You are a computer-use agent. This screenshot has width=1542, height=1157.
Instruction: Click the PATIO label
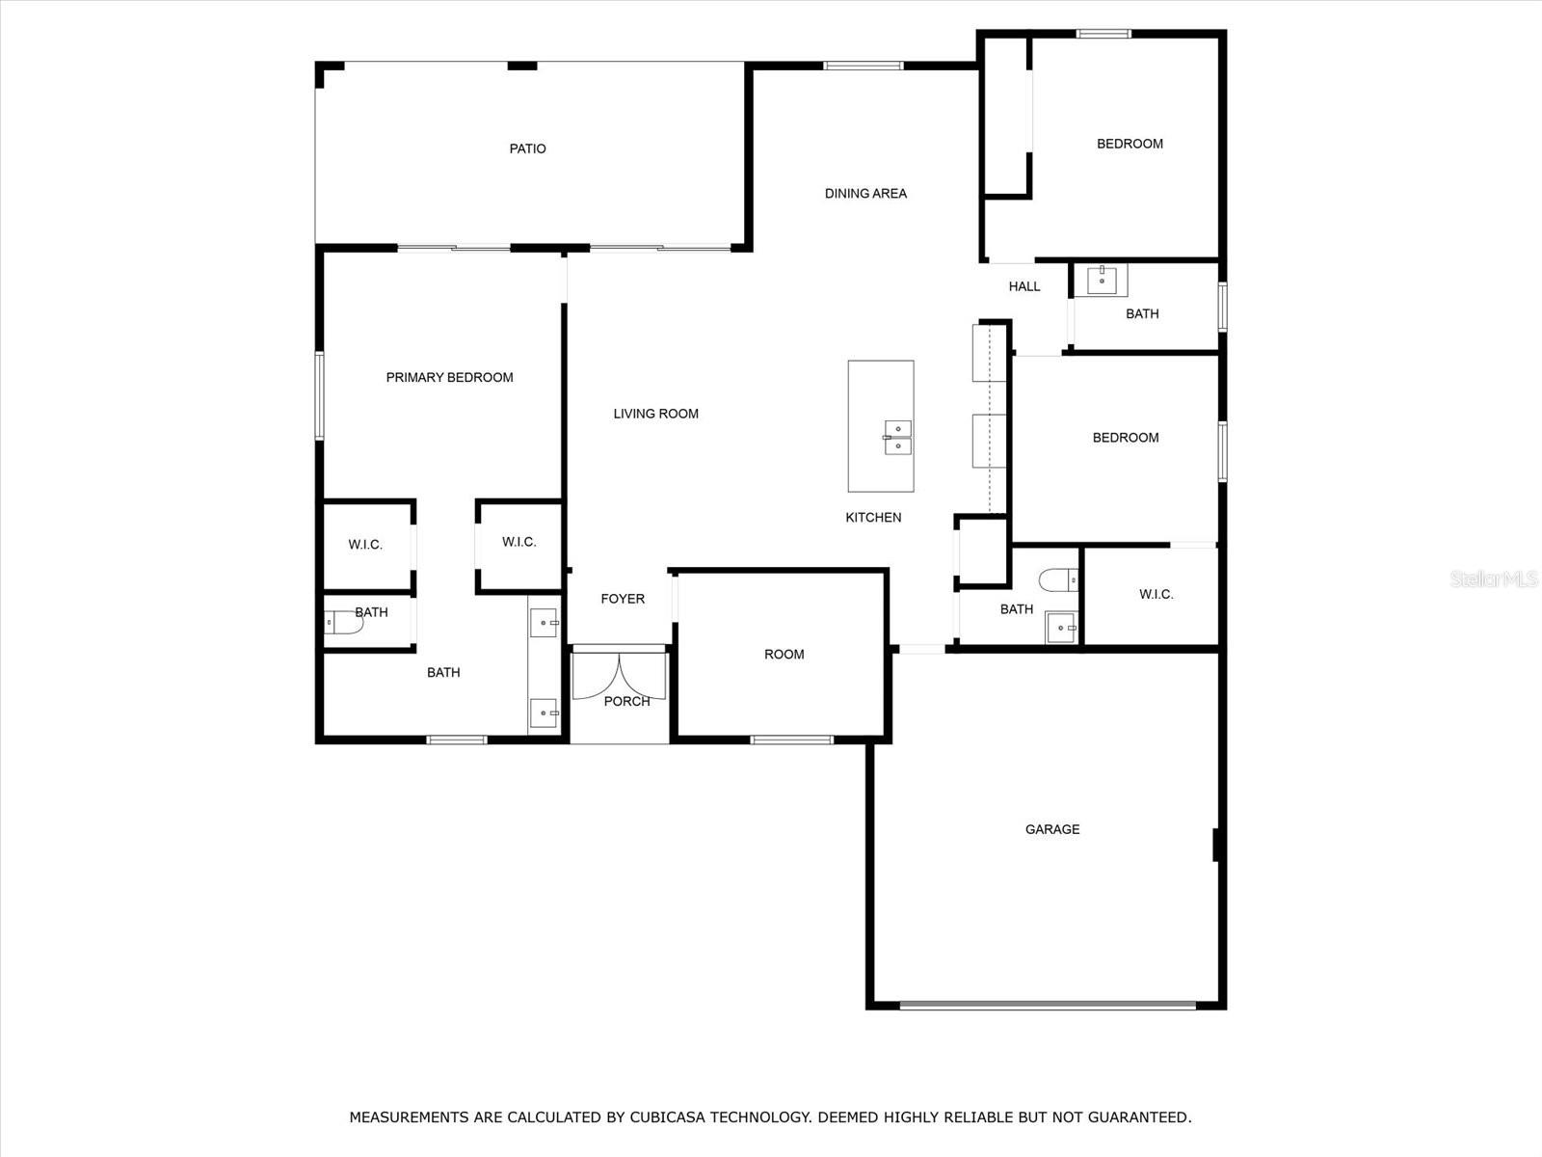[x=527, y=148]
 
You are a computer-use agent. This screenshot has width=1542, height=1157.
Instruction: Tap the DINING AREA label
[x=865, y=193]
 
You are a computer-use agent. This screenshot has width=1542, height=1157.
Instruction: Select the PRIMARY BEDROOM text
[x=450, y=377]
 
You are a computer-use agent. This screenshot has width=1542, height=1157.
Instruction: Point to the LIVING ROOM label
[x=655, y=414]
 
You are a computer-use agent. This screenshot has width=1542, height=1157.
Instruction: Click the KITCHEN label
[x=873, y=517]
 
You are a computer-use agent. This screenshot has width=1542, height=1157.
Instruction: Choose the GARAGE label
[x=1052, y=829]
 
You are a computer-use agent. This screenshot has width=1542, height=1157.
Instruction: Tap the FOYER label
[x=623, y=599]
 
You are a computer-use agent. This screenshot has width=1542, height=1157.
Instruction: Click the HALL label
[x=1024, y=286]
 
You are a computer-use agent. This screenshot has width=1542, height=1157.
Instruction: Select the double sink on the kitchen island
[x=898, y=438]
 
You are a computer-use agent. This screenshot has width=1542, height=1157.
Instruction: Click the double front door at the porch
[x=619, y=676]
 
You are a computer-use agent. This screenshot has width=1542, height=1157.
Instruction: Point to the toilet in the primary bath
[x=343, y=623]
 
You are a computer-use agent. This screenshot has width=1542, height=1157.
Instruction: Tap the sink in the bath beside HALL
[x=1102, y=281]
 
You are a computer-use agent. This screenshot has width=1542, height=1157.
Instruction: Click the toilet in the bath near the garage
[x=1058, y=580]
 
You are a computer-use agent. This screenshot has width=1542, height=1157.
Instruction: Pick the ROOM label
[x=784, y=654]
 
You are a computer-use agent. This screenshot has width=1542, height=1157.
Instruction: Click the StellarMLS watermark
[x=1494, y=578]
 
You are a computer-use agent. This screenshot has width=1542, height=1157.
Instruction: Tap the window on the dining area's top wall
[x=864, y=66]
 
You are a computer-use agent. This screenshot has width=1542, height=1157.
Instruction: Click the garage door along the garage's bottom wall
[x=1049, y=1006]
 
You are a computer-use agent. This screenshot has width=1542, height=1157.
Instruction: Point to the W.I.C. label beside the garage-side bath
[x=1156, y=594]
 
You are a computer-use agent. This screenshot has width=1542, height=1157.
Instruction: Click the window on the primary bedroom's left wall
[x=320, y=396]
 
